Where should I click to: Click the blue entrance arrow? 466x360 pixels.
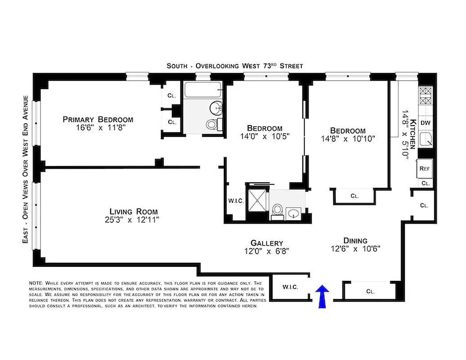coord(323,297)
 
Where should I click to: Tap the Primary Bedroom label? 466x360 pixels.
coord(98,119)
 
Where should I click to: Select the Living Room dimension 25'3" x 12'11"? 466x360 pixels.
coord(134,220)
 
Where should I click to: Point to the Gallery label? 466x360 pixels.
coord(267,243)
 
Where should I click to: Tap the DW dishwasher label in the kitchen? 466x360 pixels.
coord(426,123)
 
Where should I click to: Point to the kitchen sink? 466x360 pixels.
coord(426,140)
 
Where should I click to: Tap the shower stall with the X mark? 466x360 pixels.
coord(257,198)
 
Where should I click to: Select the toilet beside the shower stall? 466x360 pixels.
coord(277,210)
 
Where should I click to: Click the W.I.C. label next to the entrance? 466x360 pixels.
coord(290,287)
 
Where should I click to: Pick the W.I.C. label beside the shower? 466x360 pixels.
coord(236,201)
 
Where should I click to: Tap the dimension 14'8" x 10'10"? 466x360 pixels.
coord(348,139)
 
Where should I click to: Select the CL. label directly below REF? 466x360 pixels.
coord(426,183)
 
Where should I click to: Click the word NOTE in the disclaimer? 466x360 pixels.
coord(36,283)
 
